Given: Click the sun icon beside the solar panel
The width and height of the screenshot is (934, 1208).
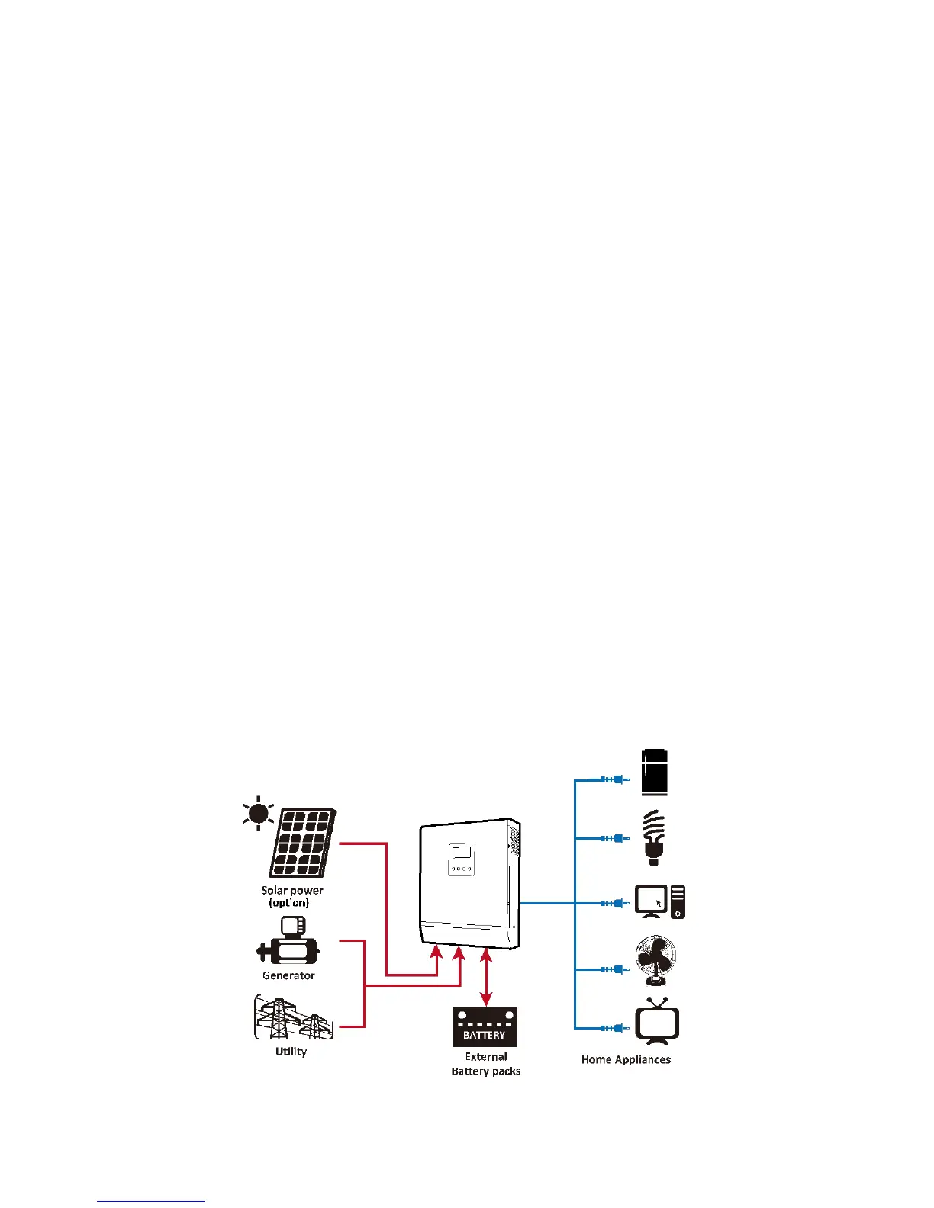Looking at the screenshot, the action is (258, 814).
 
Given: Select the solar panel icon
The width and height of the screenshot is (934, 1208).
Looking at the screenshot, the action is (302, 843).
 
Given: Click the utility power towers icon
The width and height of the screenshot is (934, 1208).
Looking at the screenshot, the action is (293, 1017).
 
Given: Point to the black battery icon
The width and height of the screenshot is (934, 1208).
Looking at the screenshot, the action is (485, 1026).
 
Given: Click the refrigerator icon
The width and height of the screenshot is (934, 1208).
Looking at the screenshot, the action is (655, 772).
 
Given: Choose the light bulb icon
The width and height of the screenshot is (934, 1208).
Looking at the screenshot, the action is (653, 837).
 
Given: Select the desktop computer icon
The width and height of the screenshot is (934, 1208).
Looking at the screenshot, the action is (660, 902).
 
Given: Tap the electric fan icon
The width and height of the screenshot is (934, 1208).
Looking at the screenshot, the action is (655, 961).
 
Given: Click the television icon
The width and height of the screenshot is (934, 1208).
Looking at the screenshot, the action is (657, 1022).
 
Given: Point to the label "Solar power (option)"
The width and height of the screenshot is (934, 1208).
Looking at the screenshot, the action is (291, 896).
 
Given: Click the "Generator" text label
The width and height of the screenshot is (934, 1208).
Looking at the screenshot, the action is (288, 975).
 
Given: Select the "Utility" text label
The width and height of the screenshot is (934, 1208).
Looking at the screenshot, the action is (291, 1052).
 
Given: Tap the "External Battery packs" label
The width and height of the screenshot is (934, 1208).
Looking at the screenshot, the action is (486, 1064).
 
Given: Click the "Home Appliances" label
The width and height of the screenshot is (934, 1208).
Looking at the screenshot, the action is (626, 1059).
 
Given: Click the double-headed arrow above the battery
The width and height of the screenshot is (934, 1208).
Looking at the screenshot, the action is (486, 978).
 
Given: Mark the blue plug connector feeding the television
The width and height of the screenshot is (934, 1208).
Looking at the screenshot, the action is (614, 1028).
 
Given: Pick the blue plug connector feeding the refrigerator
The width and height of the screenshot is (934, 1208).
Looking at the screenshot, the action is (614, 779).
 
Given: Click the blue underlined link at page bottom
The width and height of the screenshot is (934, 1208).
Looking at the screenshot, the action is (151, 1201).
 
